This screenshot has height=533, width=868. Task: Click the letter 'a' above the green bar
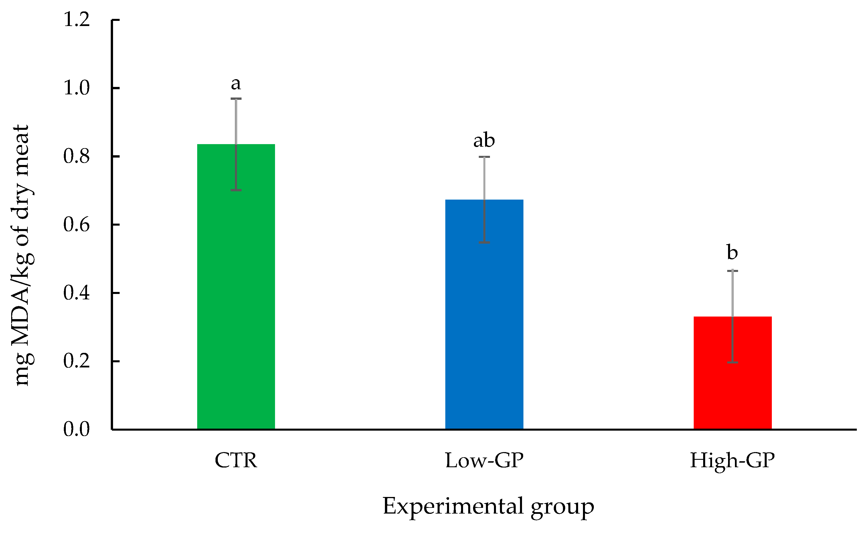tap(236, 84)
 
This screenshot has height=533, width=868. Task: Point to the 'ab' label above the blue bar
tap(484, 140)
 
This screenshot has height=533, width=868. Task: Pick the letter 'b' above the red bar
tap(733, 252)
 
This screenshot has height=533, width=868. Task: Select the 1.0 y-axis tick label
tap(76, 88)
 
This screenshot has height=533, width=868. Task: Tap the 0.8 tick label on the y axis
tap(76, 156)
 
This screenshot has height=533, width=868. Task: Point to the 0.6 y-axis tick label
tap(76, 224)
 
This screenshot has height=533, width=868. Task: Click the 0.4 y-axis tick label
tap(76, 293)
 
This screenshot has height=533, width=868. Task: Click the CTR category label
tap(236, 460)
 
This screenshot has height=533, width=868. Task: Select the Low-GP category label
tap(484, 460)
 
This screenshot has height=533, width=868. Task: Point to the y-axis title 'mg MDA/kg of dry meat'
tap(22, 255)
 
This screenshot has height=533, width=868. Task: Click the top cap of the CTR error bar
tap(236, 99)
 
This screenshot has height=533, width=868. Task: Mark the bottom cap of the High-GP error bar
tap(733, 362)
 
